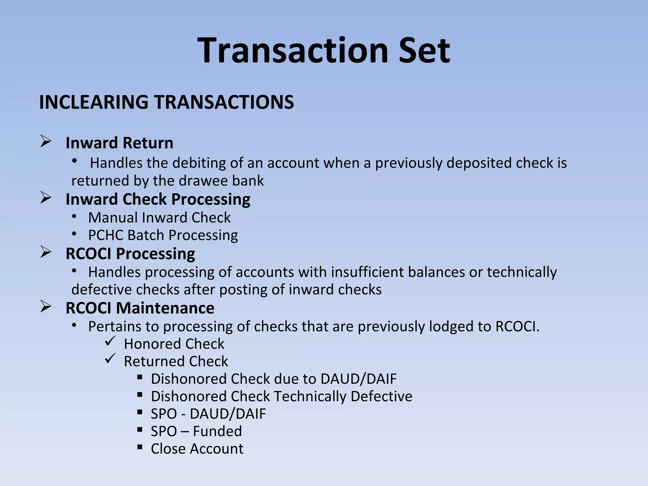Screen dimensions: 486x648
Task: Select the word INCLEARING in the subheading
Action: coord(94,102)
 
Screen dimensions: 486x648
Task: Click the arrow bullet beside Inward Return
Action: coord(46,141)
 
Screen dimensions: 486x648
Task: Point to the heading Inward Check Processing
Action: coord(158,199)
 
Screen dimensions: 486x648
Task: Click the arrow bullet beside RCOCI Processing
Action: coord(46,252)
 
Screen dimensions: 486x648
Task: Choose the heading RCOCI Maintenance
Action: coord(140,308)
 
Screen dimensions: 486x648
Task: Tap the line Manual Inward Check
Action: coord(159,218)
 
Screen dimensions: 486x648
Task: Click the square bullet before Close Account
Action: coord(140,447)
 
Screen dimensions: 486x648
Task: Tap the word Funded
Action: coord(217,431)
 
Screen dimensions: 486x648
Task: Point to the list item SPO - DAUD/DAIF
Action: coord(208,414)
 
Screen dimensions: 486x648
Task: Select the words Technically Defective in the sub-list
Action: coord(343,396)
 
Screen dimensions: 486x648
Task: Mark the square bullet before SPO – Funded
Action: coord(140,430)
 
